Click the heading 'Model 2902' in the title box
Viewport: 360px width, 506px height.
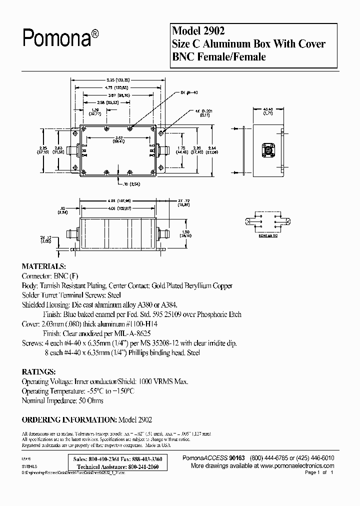[x=196, y=31]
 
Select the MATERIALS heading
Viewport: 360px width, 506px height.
[x=43, y=266]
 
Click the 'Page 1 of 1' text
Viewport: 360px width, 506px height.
[x=318, y=472]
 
